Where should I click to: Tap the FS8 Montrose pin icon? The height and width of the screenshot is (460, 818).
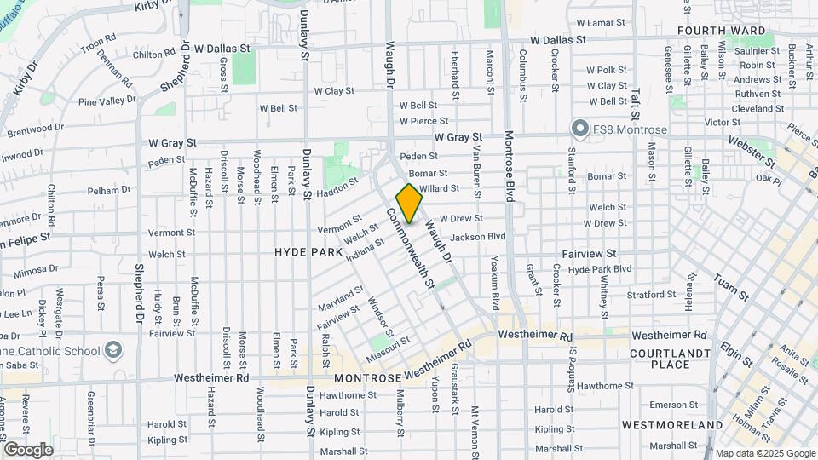click(580, 129)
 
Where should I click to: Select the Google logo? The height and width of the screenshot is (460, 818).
click(28, 450)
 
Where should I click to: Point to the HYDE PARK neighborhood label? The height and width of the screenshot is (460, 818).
click(308, 253)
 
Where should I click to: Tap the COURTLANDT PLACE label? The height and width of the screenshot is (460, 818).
click(671, 359)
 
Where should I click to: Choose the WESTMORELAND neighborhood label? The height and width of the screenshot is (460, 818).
click(672, 424)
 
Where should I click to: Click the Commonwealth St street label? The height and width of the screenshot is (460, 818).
click(412, 247)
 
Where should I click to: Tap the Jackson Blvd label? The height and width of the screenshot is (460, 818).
click(478, 236)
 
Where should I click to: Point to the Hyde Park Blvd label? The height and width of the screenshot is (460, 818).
click(600, 268)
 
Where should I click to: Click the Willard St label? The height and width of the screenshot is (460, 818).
click(440, 188)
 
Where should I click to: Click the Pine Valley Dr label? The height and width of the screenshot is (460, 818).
click(107, 101)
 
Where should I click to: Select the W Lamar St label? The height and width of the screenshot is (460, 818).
click(605, 23)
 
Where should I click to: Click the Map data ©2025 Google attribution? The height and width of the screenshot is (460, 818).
click(764, 453)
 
